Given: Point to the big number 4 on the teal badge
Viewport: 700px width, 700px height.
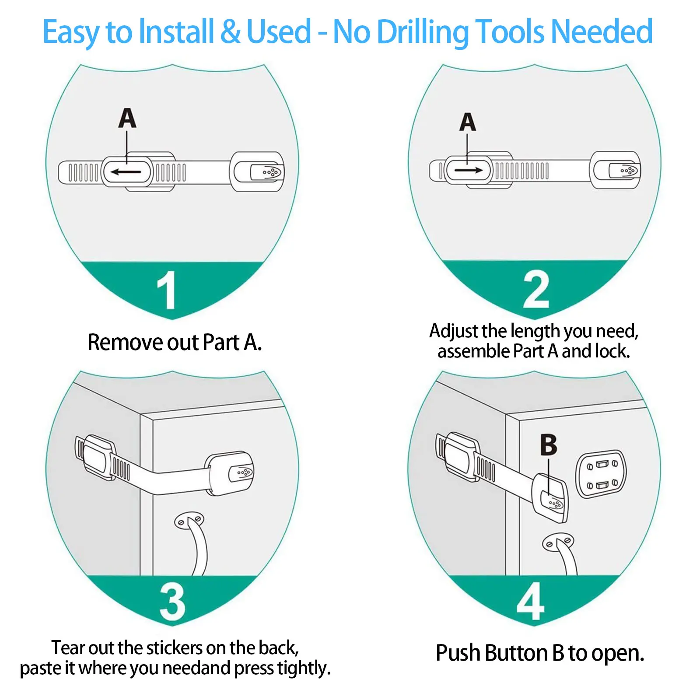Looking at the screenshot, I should pos(530,602).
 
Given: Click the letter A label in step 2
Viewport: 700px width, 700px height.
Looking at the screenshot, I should pos(467,122).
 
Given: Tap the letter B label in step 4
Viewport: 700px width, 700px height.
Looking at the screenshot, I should pos(549,445).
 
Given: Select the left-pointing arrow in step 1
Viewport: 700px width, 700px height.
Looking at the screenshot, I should pos(126,171).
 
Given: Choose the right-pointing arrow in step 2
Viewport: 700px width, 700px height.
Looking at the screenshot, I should pos(468,170).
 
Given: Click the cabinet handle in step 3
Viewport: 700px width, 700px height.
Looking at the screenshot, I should pos(195,542).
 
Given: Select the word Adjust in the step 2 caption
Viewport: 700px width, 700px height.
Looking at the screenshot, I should pos(453,331).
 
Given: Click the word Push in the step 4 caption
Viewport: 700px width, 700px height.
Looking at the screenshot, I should pos(458,653).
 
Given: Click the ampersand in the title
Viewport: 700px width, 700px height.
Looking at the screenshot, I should pos(230,31).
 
